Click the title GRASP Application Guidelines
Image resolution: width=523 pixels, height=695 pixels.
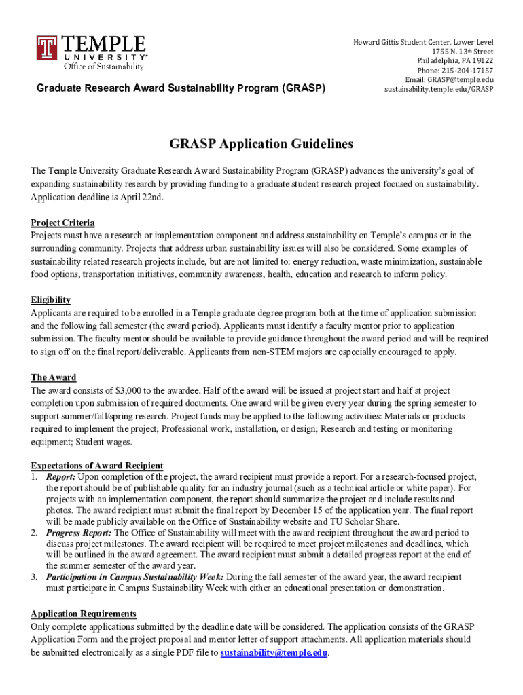(261, 144)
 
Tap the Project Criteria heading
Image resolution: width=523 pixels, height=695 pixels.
(62, 223)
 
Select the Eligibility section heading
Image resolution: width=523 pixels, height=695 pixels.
(50, 299)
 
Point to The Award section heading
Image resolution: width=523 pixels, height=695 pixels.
(54, 377)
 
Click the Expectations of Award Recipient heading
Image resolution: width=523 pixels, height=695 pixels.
(96, 465)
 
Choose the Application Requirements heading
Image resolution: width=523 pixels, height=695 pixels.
(84, 614)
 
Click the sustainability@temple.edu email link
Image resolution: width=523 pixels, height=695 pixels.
(274, 653)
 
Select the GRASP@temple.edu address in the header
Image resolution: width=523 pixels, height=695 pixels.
(458, 80)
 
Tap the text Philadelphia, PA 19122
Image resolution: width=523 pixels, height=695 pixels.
(455, 61)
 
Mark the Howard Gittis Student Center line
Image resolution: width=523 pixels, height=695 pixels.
(423, 42)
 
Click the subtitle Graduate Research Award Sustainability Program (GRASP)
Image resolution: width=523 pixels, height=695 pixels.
(181, 88)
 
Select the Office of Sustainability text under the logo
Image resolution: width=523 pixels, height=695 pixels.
(103, 67)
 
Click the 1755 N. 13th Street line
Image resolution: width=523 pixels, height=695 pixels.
(462, 52)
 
